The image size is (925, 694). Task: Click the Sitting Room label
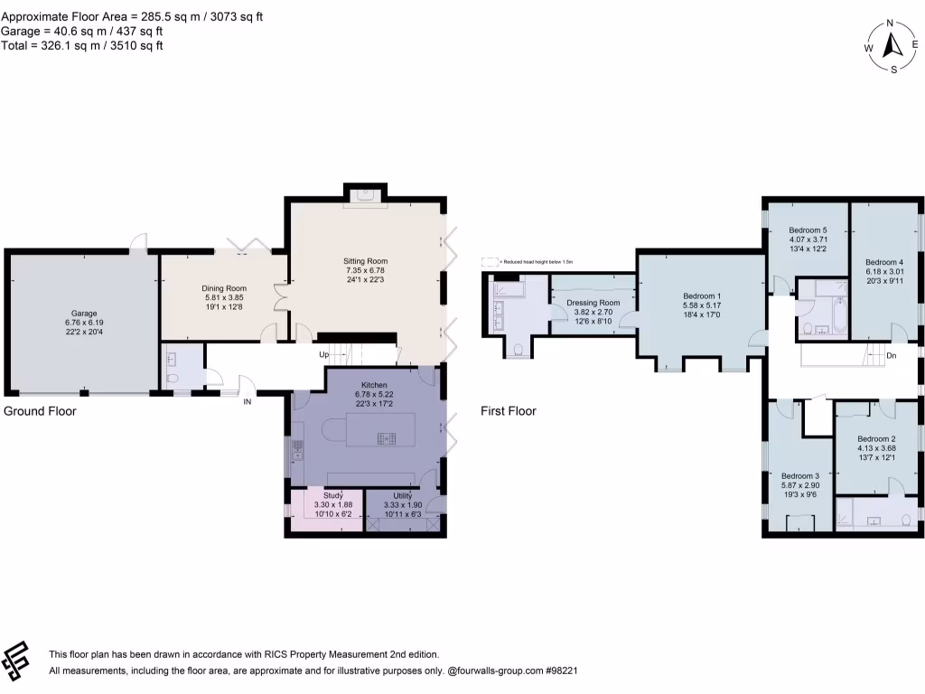[x=365, y=260]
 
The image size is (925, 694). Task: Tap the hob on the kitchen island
[x=387, y=439]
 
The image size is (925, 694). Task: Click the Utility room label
[x=397, y=495]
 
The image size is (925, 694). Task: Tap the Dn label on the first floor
[x=891, y=356]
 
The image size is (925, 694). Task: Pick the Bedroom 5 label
[x=808, y=230]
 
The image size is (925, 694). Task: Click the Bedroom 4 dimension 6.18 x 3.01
[x=885, y=271]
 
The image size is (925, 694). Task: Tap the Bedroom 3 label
[x=799, y=476]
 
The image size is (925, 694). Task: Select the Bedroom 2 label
[x=875, y=438]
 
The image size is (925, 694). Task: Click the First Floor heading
[x=509, y=411]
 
